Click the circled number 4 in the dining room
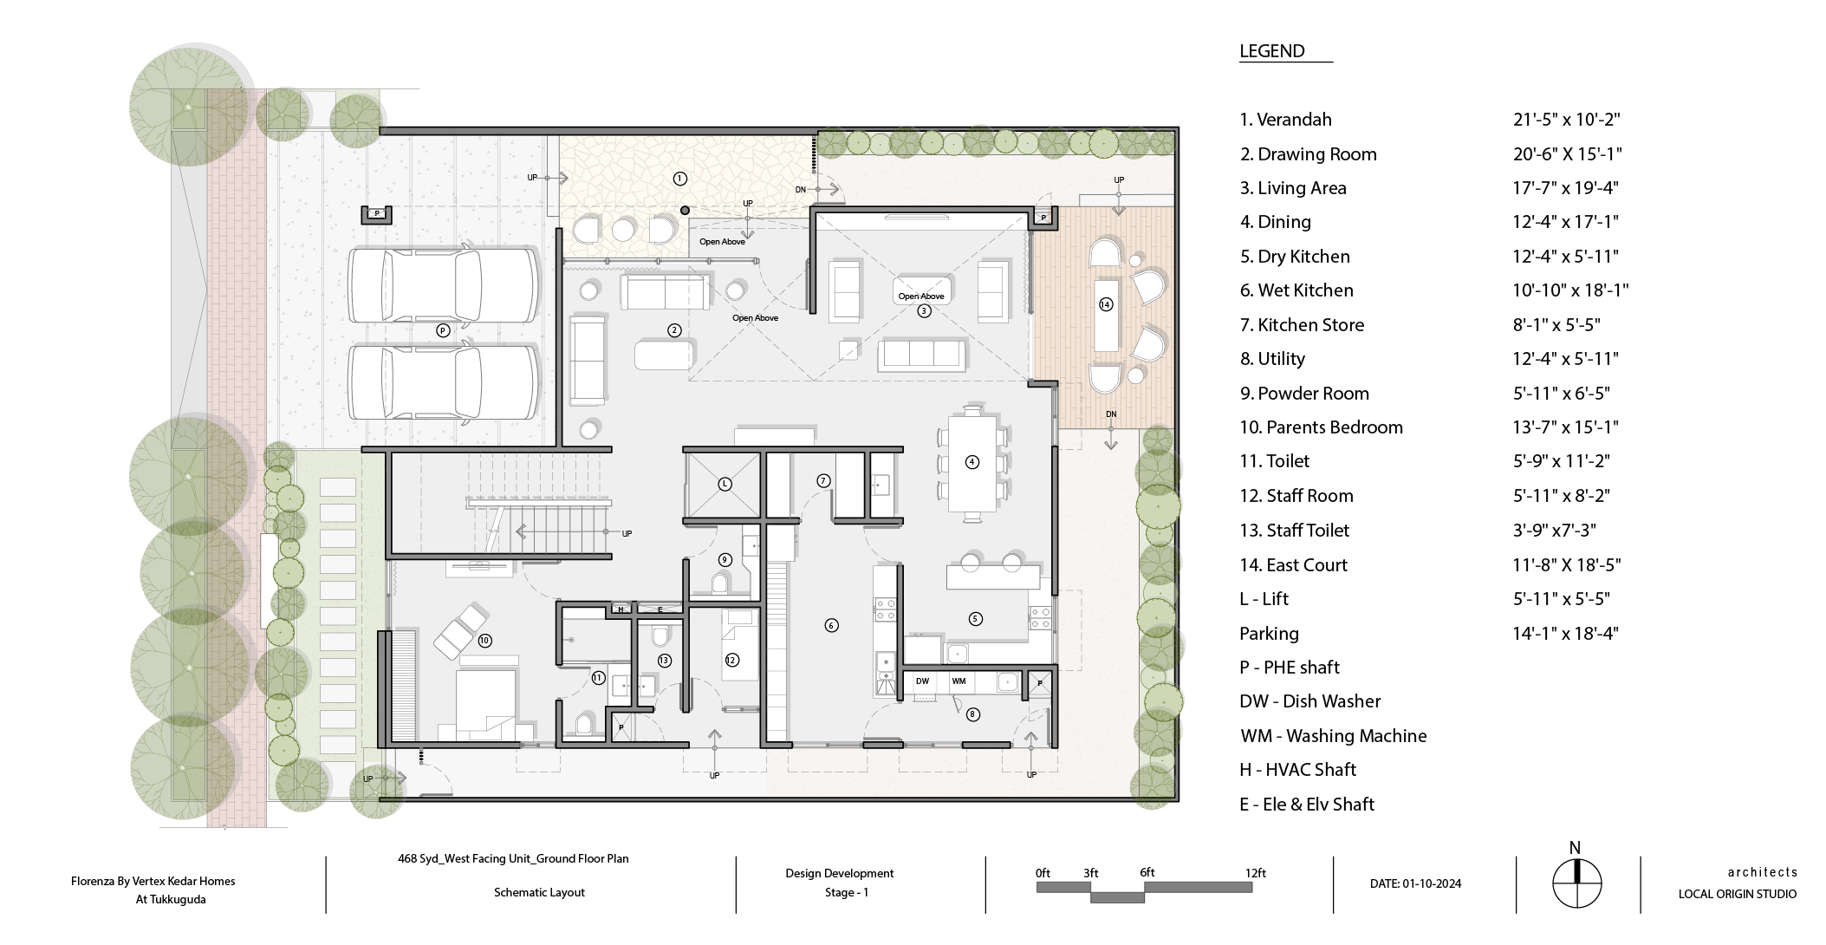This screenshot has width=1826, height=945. click(971, 462)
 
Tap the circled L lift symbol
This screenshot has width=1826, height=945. click(725, 484)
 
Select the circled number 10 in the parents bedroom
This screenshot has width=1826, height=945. click(484, 641)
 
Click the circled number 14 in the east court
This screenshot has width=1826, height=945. click(1105, 304)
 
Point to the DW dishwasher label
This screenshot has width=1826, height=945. click(922, 681)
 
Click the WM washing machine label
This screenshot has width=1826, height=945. click(958, 681)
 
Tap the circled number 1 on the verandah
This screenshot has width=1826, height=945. click(679, 179)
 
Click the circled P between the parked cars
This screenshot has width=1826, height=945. click(443, 330)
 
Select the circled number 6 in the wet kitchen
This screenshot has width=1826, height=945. click(831, 625)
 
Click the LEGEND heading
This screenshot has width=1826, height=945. click(1271, 51)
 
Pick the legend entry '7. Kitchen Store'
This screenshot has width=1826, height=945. click(1302, 325)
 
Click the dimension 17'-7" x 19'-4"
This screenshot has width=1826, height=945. click(1565, 188)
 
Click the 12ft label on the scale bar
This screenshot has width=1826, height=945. click(1256, 873)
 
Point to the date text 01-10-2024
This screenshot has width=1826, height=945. click(1432, 884)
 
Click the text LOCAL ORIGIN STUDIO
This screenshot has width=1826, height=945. click(1737, 894)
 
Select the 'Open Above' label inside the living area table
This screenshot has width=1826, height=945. click(921, 297)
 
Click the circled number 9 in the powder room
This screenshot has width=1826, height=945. click(725, 560)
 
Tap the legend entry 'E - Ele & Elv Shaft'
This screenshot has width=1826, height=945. click(1307, 805)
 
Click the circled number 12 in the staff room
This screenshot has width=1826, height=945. click(731, 660)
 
